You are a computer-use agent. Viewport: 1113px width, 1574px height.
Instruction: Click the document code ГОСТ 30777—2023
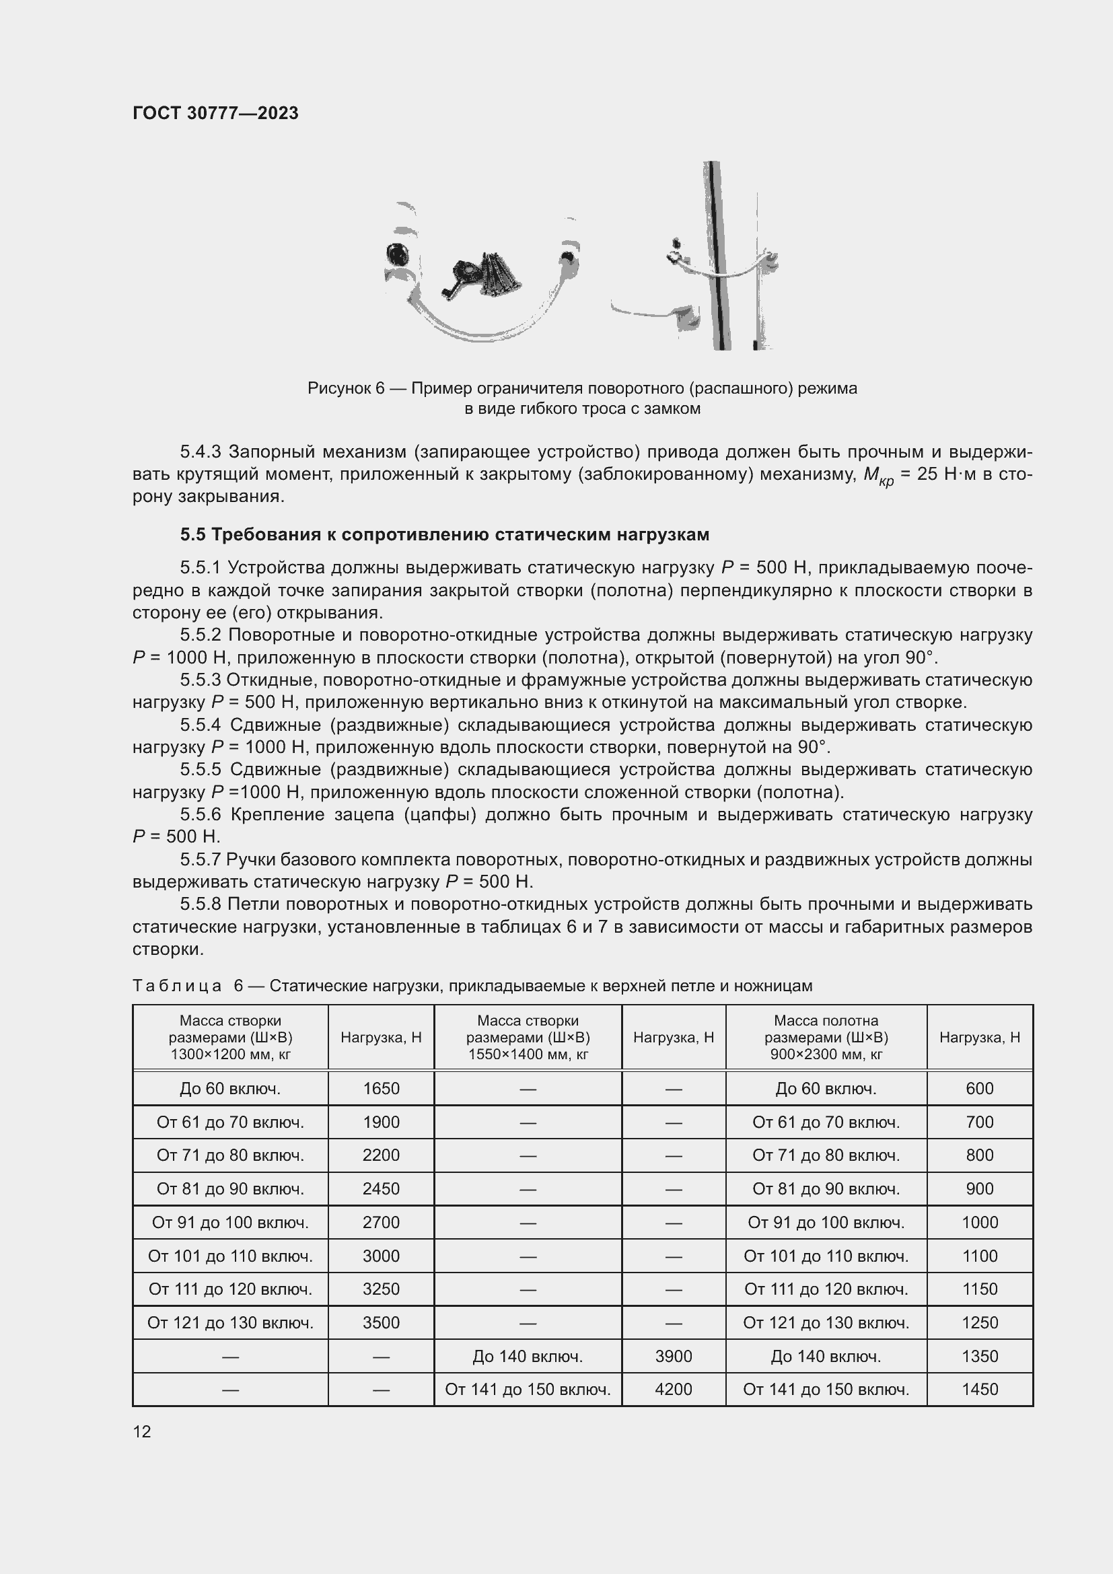click(215, 113)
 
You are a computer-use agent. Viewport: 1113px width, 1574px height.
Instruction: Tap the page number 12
click(142, 1431)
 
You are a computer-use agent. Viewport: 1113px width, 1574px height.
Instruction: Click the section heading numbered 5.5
click(445, 534)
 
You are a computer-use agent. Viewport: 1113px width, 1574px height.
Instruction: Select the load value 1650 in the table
click(381, 1088)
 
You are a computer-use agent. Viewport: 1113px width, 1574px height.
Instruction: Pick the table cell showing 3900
click(673, 1355)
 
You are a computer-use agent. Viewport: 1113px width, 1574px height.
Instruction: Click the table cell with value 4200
click(673, 1389)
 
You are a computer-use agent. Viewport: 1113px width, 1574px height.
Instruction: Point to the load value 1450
click(979, 1389)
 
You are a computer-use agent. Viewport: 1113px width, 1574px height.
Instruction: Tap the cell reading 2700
click(381, 1221)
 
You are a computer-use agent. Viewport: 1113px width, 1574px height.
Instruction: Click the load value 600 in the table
click(979, 1088)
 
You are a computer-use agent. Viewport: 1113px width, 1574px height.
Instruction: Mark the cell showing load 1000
click(979, 1221)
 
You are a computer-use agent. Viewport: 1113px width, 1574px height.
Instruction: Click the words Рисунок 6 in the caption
click(345, 388)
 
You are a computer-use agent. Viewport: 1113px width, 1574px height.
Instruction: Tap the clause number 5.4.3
click(200, 452)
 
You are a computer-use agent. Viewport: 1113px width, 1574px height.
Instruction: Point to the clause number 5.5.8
click(200, 904)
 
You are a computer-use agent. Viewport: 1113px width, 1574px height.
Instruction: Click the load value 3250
click(381, 1288)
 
